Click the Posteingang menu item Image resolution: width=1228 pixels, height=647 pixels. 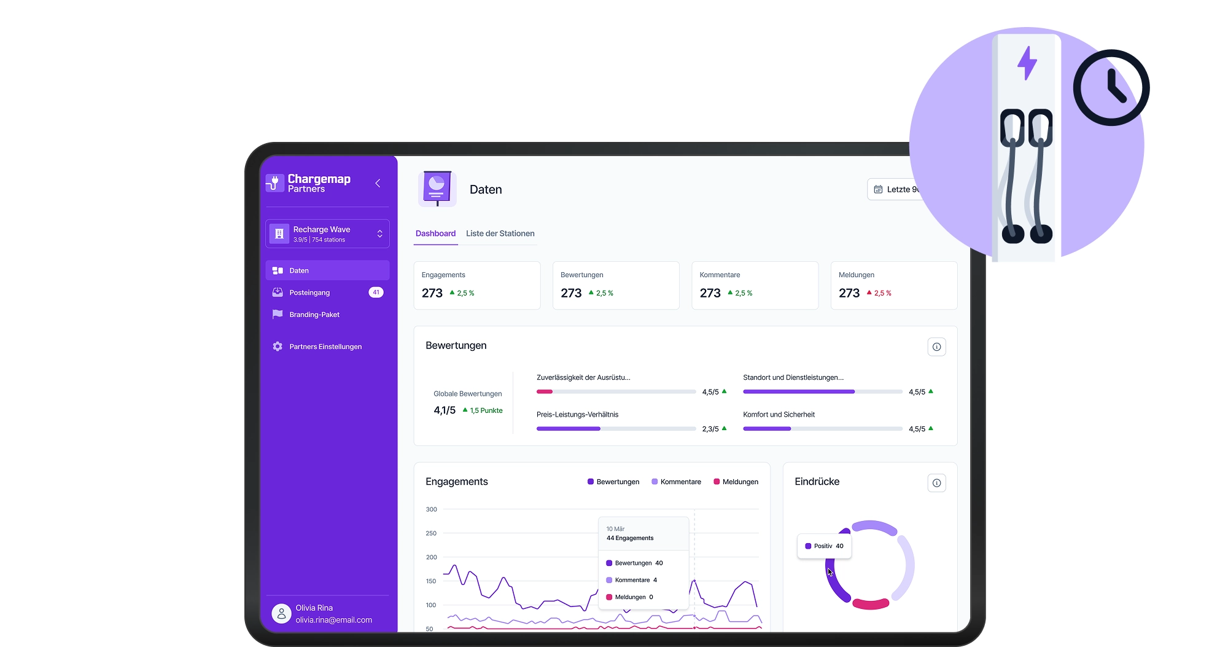point(309,292)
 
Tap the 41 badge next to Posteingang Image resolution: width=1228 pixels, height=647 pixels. point(376,292)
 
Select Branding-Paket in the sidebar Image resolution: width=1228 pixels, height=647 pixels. point(314,315)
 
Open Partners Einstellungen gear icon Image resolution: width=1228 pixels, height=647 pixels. point(278,347)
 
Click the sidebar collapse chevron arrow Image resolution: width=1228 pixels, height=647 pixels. point(378,183)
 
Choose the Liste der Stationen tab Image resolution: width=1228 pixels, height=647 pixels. point(500,233)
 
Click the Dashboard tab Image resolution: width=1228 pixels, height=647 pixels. point(435,233)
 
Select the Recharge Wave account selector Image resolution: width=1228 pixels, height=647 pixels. point(327,233)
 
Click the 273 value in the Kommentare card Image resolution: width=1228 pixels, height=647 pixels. point(710,293)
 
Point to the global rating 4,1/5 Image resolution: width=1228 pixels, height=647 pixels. point(445,410)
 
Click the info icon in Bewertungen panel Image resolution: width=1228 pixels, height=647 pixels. point(936,347)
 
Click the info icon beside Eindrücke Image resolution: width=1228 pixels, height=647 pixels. point(936,483)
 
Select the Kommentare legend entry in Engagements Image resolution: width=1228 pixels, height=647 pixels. point(676,482)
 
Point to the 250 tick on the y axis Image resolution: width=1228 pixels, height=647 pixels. point(431,533)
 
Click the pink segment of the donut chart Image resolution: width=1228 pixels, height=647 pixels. point(871,604)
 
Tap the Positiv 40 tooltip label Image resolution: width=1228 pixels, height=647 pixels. point(825,546)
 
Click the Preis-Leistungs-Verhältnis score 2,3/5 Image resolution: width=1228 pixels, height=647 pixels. point(710,429)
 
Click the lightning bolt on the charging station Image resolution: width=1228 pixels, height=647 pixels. point(1027,63)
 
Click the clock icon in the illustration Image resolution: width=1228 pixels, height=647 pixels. point(1111,88)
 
